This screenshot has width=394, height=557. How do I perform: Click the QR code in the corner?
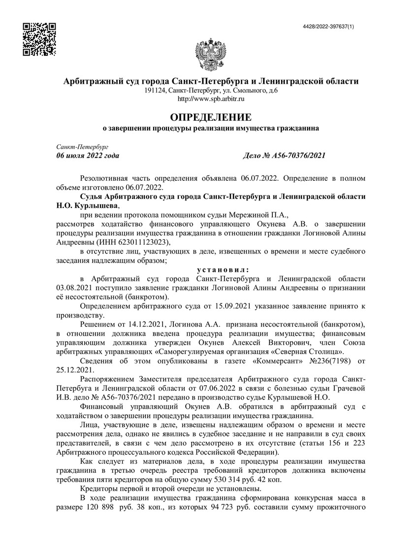coord(40,39)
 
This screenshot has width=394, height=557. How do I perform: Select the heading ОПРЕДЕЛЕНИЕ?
coord(211,118)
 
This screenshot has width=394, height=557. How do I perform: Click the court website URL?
coord(211,99)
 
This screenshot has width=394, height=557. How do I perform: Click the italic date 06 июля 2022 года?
coord(88,156)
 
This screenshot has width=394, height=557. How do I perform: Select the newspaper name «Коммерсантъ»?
coord(278,361)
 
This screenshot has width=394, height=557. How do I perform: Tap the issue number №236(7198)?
coord(327,361)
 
